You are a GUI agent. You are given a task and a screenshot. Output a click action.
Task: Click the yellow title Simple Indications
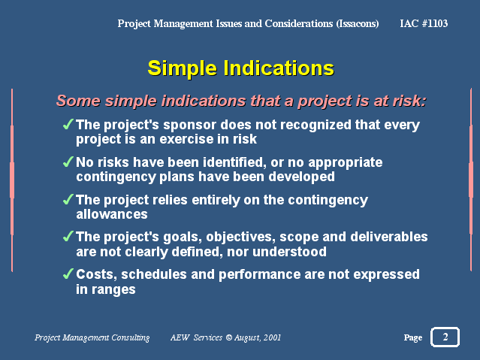240,68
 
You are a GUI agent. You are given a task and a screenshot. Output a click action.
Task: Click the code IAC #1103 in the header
424,23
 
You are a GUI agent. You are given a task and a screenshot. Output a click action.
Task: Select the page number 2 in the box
445,337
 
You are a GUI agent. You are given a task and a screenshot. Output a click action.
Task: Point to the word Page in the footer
413,337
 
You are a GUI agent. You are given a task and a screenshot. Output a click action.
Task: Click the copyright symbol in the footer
229,337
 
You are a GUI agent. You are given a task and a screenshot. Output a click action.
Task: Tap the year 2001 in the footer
272,337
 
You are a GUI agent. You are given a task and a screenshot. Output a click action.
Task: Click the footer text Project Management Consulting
92,337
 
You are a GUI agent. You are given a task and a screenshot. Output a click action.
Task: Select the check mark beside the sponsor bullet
68,124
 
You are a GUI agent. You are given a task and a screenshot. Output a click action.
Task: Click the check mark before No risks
68,162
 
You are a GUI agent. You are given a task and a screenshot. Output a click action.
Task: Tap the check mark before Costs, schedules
68,274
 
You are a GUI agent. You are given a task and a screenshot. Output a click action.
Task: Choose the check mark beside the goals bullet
68,236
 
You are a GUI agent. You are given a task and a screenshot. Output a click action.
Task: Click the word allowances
112,214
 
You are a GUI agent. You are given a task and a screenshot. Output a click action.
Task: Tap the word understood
289,252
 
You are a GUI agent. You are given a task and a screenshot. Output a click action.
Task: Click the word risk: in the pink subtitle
409,101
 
